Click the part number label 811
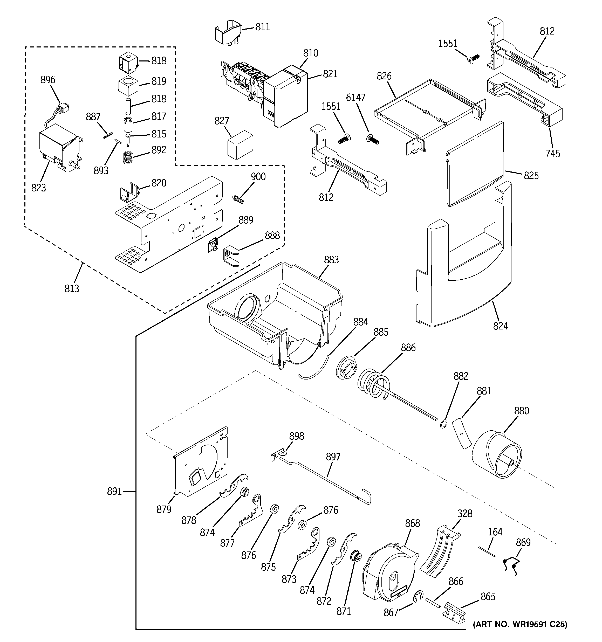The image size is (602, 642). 262,27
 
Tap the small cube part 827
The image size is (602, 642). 240,144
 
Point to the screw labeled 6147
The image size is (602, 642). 373,140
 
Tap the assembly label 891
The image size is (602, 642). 114,492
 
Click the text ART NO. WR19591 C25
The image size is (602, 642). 520,625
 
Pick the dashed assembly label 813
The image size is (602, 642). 71,288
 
